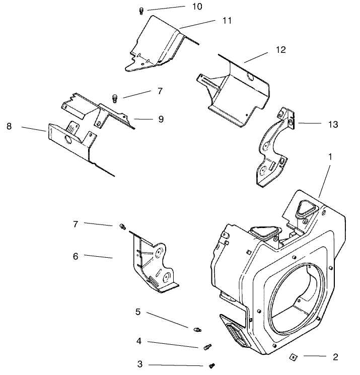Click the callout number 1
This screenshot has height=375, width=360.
click(330, 157)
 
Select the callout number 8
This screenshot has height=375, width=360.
click(9, 126)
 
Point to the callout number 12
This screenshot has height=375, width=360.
click(280, 50)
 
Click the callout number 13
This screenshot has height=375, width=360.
click(333, 123)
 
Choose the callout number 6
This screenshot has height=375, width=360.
click(76, 256)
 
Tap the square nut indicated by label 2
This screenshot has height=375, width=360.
click(292, 357)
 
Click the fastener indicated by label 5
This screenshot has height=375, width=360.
click(197, 329)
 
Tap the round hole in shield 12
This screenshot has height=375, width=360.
click(250, 77)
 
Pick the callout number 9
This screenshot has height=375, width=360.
click(161, 119)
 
